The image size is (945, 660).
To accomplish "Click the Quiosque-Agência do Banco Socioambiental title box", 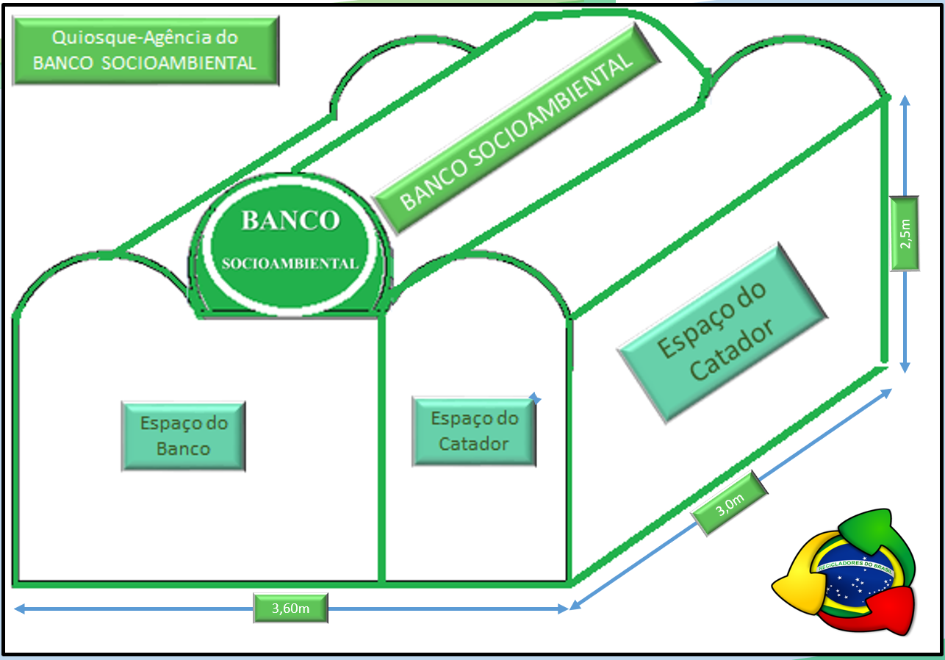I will click(x=145, y=50).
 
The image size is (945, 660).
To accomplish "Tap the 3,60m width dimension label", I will click(x=290, y=609).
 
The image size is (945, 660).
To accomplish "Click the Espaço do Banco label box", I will click(x=184, y=436).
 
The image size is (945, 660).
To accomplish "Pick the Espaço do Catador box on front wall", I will click(x=474, y=431).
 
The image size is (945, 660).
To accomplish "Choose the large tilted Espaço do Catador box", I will click(x=723, y=333).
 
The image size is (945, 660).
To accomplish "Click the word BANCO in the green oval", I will click(x=290, y=220).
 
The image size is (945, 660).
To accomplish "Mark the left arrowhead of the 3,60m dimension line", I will click(x=18, y=609).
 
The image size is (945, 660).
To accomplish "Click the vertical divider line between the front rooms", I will click(x=381, y=448).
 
